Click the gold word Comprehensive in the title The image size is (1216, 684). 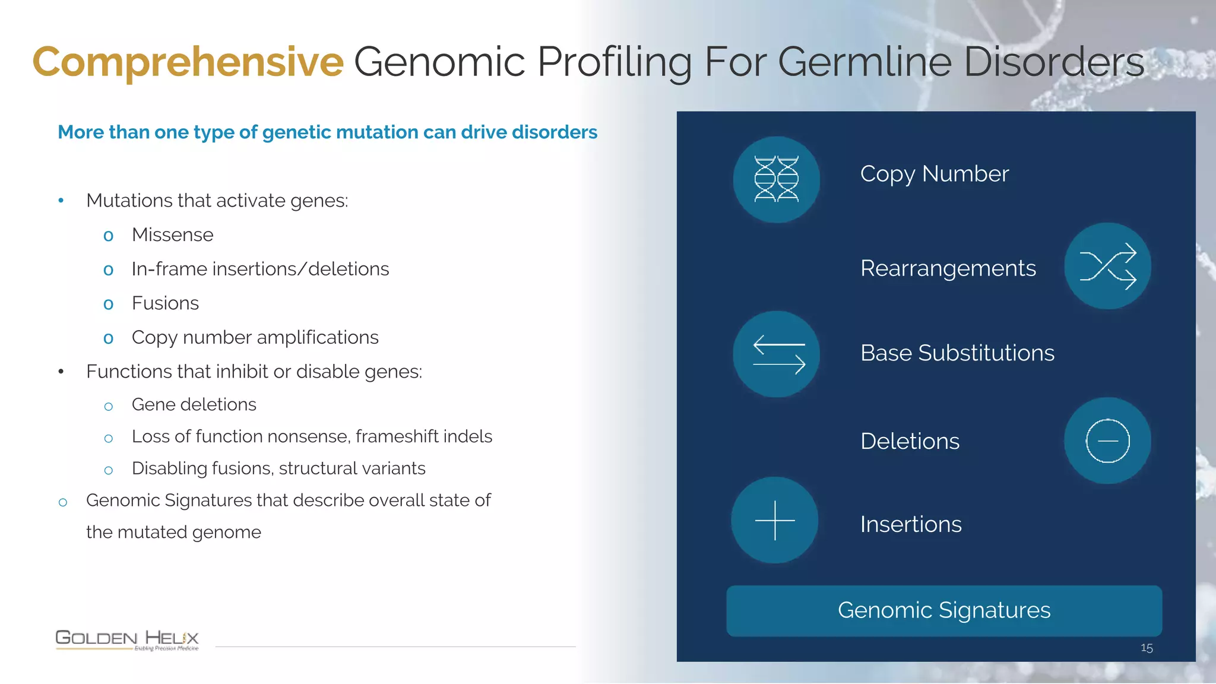188,62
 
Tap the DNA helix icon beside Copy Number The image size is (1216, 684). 776,179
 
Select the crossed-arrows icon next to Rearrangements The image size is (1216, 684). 1107,266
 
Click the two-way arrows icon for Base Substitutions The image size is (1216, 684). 776,354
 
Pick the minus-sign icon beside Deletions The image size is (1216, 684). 1107,441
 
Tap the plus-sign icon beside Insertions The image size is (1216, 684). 774,520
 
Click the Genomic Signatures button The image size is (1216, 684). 943,611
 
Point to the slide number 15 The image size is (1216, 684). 1147,648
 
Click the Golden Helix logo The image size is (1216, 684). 127,639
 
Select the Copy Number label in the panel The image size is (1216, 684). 934,174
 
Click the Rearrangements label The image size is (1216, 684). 948,268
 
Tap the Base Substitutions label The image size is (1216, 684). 957,353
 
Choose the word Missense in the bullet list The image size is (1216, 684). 172,235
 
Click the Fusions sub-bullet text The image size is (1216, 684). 165,303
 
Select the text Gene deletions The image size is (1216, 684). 194,404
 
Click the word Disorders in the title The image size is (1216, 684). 1053,62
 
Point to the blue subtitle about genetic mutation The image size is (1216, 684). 327,132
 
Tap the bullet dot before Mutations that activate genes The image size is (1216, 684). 61,201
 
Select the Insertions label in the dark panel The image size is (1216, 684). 910,524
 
